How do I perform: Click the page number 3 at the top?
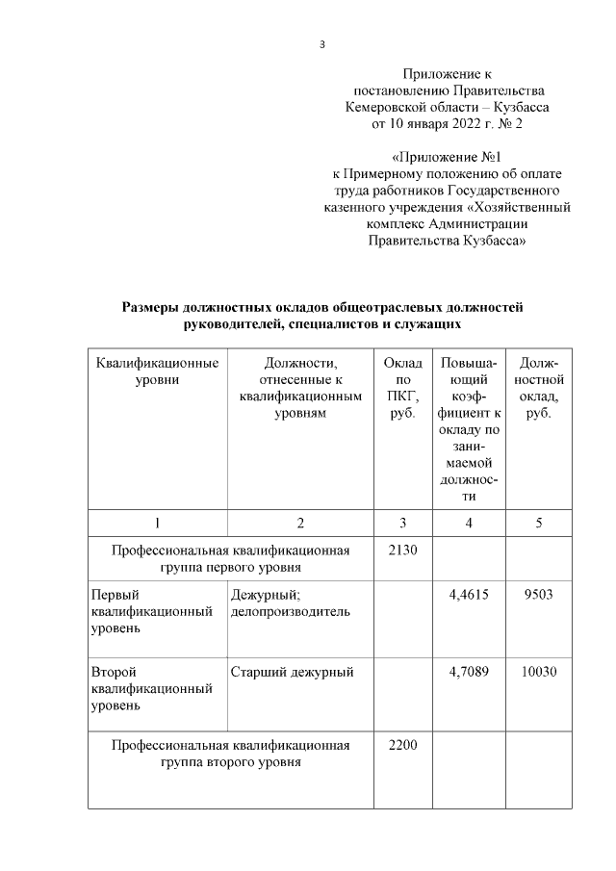(322, 44)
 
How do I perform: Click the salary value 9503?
(538, 595)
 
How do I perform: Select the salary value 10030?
(538, 671)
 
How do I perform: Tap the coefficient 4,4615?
(469, 595)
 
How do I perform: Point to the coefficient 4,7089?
(469, 671)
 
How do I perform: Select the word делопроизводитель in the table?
(290, 611)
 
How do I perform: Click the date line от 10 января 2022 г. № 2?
(447, 124)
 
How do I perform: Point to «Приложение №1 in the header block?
(447, 156)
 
